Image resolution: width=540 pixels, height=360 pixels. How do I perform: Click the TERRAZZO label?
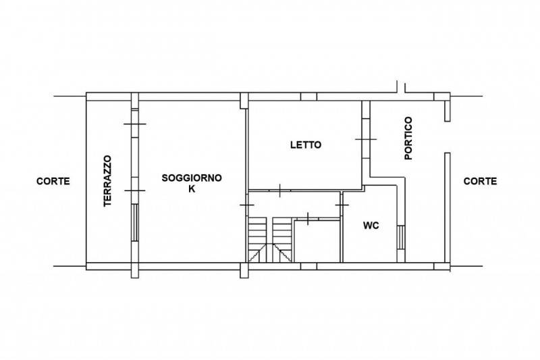pyautogui.click(x=108, y=181)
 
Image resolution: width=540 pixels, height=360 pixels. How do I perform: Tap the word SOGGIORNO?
pyautogui.click(x=192, y=178)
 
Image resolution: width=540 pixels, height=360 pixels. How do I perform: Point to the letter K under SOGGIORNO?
pyautogui.click(x=192, y=189)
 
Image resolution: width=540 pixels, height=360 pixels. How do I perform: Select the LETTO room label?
pyautogui.click(x=306, y=145)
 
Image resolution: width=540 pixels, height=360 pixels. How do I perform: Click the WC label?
pyautogui.click(x=371, y=226)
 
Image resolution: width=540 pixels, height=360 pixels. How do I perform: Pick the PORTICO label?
pyautogui.click(x=408, y=138)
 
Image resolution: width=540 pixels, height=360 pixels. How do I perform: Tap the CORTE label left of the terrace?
pyautogui.click(x=53, y=181)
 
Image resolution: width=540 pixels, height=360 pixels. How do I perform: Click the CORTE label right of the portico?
pyautogui.click(x=480, y=181)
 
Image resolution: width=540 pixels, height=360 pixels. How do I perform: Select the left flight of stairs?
pyautogui.click(x=258, y=239)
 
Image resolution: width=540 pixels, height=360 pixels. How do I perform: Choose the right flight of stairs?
pyautogui.click(x=282, y=239)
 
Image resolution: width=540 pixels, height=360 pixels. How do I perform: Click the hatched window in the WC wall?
pyautogui.click(x=401, y=237)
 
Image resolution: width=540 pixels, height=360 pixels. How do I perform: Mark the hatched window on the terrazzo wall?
pyautogui.click(x=135, y=222)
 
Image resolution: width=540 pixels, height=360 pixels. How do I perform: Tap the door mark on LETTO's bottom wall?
pyautogui.click(x=280, y=190)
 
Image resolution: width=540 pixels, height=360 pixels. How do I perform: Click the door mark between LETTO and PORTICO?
pyautogui.click(x=366, y=139)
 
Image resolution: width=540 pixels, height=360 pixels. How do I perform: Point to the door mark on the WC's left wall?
pyautogui.click(x=342, y=205)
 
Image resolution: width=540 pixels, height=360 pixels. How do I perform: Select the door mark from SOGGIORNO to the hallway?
pyautogui.click(x=247, y=205)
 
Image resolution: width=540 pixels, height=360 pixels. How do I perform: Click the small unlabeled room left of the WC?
pyautogui.click(x=317, y=241)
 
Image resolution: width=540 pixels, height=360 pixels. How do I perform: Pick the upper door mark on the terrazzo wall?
pyautogui.click(x=135, y=124)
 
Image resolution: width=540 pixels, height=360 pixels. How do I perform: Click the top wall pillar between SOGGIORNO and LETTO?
pyautogui.click(x=244, y=101)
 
